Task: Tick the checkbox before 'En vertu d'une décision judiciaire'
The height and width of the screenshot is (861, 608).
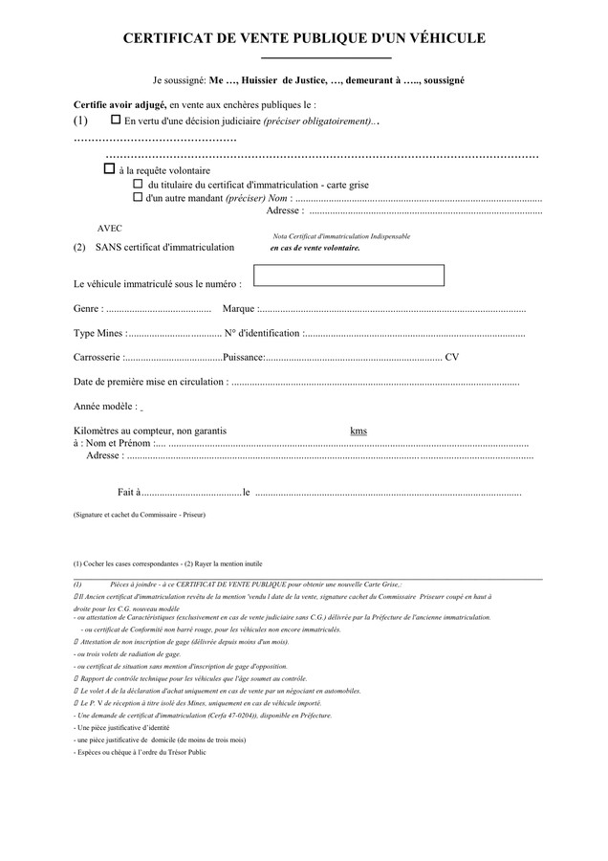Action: point(117,121)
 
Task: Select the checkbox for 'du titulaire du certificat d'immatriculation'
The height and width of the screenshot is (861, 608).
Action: point(138,184)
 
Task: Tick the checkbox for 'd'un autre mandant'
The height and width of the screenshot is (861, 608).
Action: point(138,197)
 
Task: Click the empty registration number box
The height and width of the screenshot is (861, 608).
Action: point(349,276)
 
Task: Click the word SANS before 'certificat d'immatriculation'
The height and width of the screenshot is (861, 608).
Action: point(108,247)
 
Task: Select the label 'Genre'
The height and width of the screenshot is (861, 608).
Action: point(87,309)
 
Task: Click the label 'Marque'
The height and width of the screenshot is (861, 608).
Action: point(239,309)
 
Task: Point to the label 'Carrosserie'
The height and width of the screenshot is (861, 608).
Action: point(97,358)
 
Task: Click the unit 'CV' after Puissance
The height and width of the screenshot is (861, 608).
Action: point(452,358)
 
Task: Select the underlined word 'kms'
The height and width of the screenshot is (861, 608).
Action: point(358,431)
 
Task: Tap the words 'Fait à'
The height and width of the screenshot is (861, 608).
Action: point(129,493)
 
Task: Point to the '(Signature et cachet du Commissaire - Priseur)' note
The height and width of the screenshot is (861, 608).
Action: point(139,515)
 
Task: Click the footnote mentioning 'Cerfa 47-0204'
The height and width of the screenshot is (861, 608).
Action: point(203,716)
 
